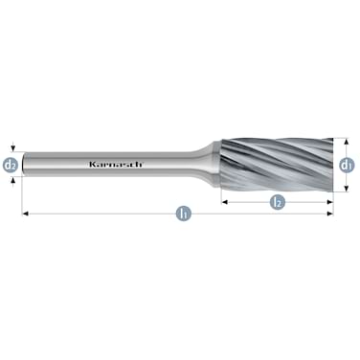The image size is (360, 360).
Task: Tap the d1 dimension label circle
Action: point(346,164)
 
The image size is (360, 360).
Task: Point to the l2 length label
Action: point(277,202)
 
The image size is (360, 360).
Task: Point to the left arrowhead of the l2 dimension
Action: point(225,202)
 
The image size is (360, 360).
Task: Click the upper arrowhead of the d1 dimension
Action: point(346,141)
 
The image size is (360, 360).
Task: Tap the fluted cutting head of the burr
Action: point(278,164)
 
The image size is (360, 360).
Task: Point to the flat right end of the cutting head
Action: point(331,164)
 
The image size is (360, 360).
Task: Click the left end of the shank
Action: point(27,164)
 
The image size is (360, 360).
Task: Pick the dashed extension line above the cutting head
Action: point(337,136)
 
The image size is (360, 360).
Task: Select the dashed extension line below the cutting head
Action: point(337,191)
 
